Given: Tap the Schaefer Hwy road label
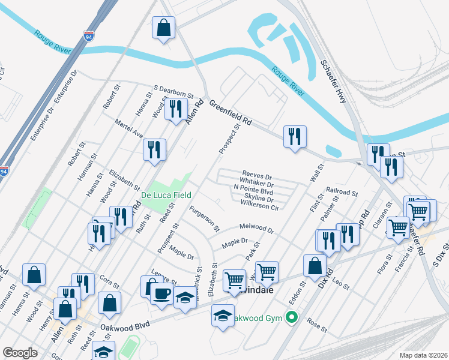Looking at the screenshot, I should [334, 82].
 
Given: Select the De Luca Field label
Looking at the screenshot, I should [166, 195].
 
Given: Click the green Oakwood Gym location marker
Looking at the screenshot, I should [292, 317].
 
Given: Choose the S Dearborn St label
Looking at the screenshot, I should [174, 91].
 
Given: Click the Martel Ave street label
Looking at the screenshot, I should [129, 127].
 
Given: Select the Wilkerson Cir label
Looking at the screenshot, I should [260, 207].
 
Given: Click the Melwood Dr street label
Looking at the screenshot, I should [256, 229].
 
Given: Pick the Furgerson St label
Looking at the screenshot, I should [204, 219].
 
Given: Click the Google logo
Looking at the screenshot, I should [20, 352].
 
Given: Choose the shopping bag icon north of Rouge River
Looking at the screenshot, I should [164, 28].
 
